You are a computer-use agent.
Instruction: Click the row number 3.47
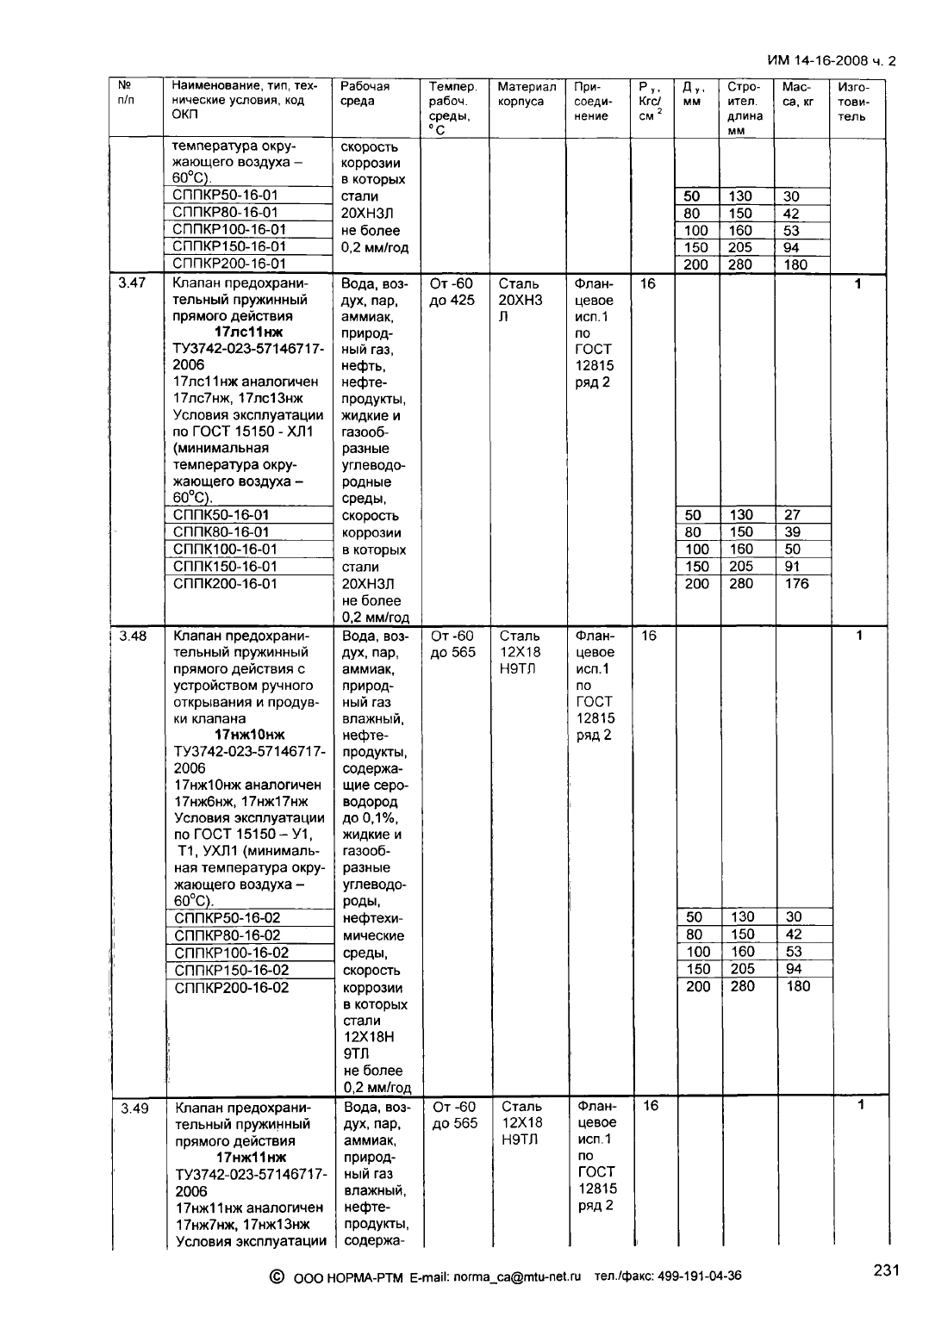coord(132,283)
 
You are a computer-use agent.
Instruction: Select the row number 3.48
coord(132,636)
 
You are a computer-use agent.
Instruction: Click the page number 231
coord(886,1270)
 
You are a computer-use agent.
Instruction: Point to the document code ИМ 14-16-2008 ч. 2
coord(831,61)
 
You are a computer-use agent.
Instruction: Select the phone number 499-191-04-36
coord(699,1276)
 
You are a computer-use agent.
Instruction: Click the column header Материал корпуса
coord(527,94)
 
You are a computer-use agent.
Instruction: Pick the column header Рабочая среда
coord(365,94)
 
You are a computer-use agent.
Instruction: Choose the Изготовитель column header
coord(852,102)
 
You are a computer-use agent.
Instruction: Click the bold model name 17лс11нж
coord(247,332)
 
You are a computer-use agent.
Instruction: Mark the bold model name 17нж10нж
coord(249,735)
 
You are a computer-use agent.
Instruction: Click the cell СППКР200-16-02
coord(232,988)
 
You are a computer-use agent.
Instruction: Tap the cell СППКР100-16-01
coord(228,230)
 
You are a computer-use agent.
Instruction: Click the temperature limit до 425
coord(452,301)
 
